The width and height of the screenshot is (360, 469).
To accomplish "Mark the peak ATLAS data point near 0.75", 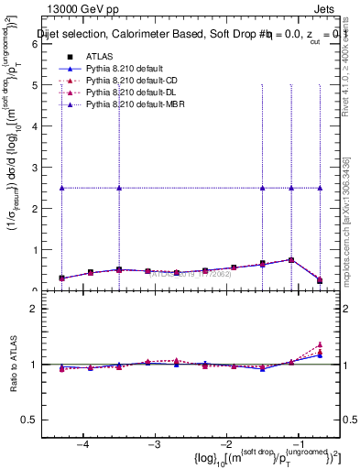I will (x=291, y=260).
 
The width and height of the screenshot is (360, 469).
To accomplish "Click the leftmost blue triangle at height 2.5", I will (x=61, y=188).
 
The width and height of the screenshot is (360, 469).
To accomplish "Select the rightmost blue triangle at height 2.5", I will (x=320, y=188).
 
